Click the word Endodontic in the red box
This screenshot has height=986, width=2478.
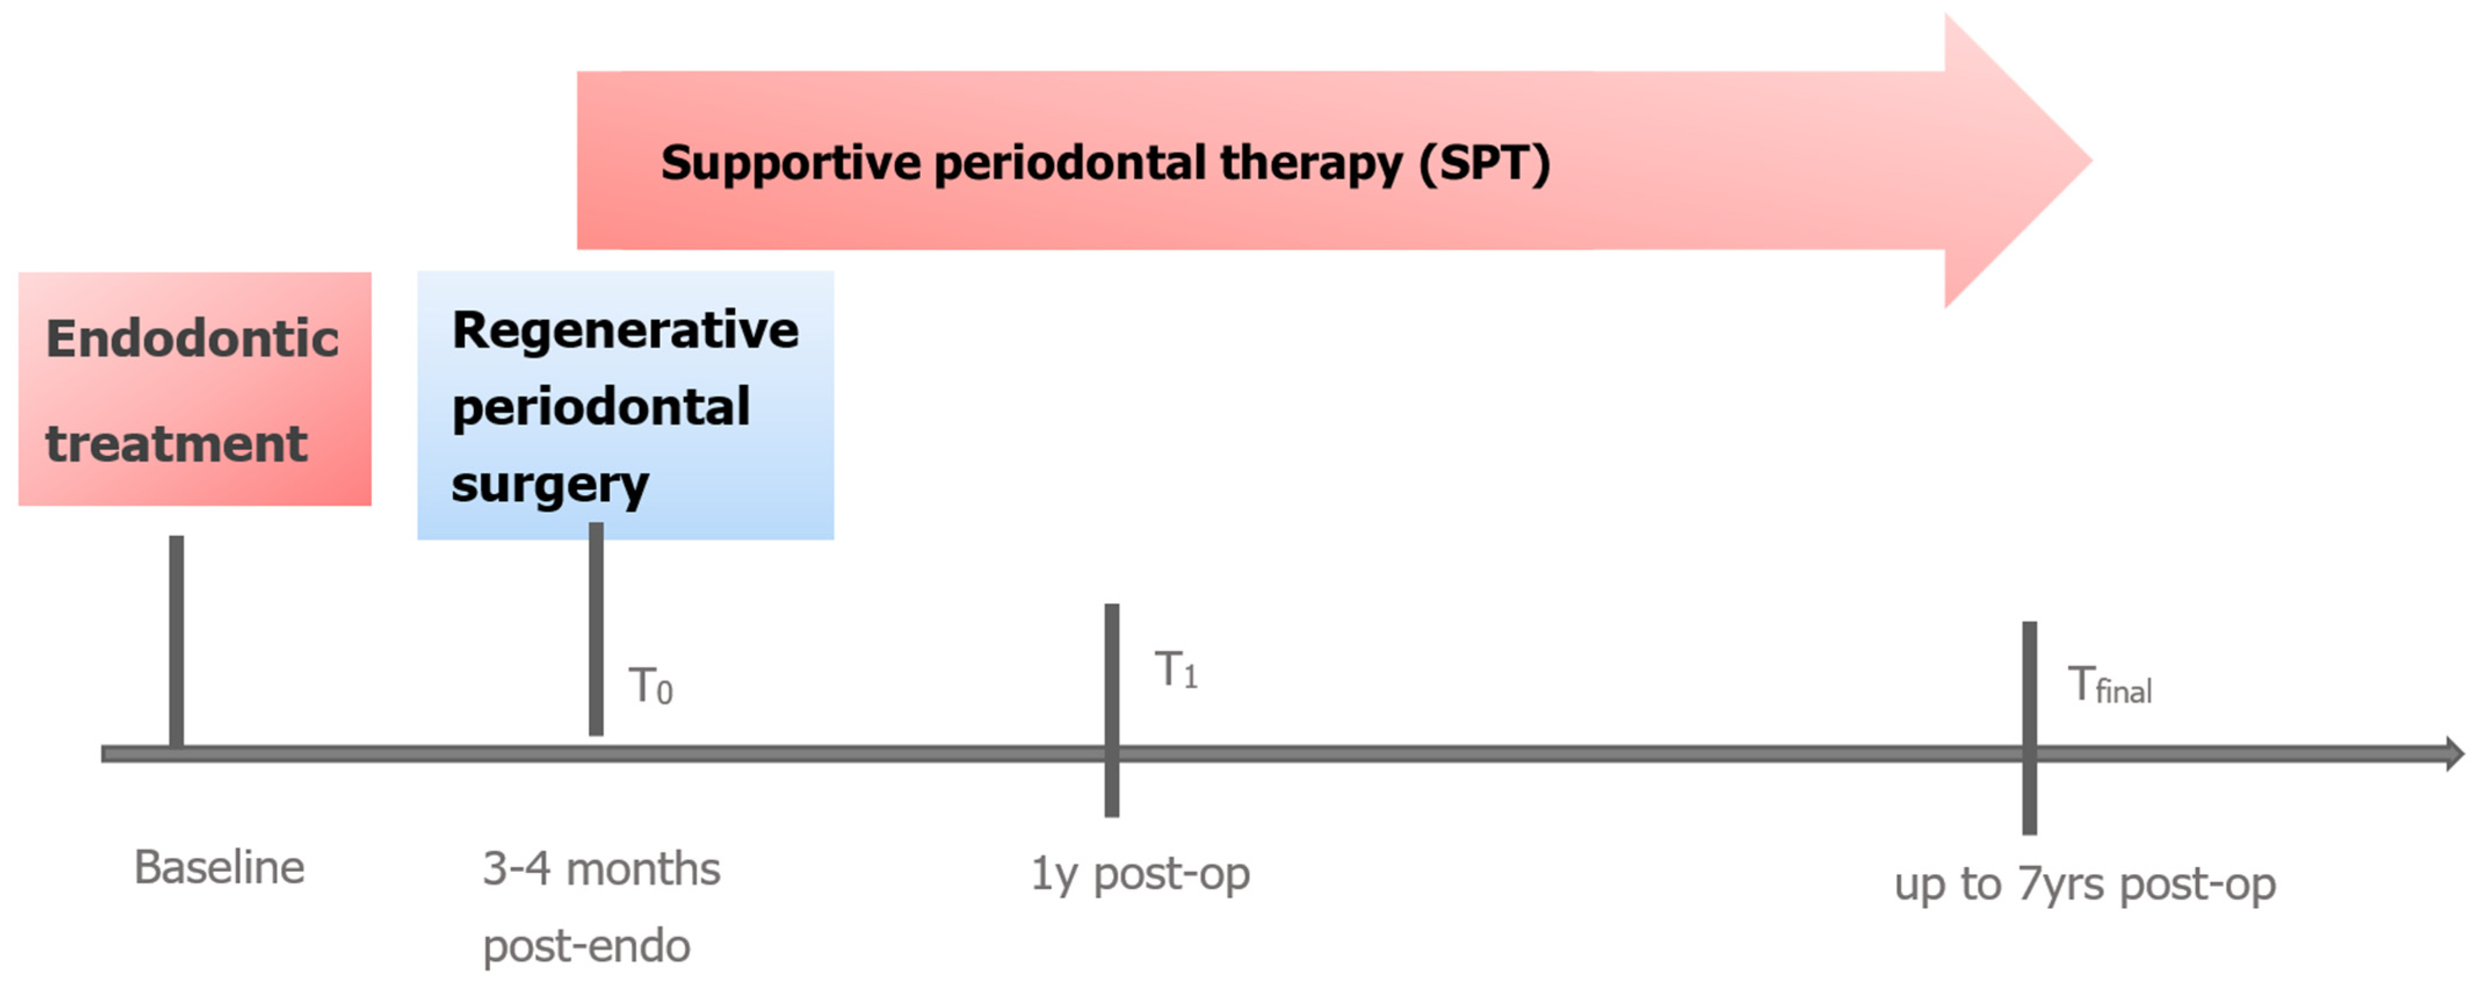pyautogui.click(x=193, y=339)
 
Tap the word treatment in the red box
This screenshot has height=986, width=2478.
pyautogui.click(x=176, y=444)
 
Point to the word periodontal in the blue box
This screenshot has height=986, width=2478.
pyautogui.click(x=601, y=408)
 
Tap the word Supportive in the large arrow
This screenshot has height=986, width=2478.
pyautogui.click(x=791, y=162)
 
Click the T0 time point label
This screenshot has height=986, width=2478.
pyautogui.click(x=651, y=687)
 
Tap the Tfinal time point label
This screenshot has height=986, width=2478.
pyautogui.click(x=2110, y=686)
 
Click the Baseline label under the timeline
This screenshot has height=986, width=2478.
pyautogui.click(x=219, y=868)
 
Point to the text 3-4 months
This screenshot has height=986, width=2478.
pyautogui.click(x=601, y=869)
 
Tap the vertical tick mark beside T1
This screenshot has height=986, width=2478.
pyautogui.click(x=1112, y=710)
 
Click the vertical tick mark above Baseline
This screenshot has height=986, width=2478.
pyautogui.click(x=176, y=641)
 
